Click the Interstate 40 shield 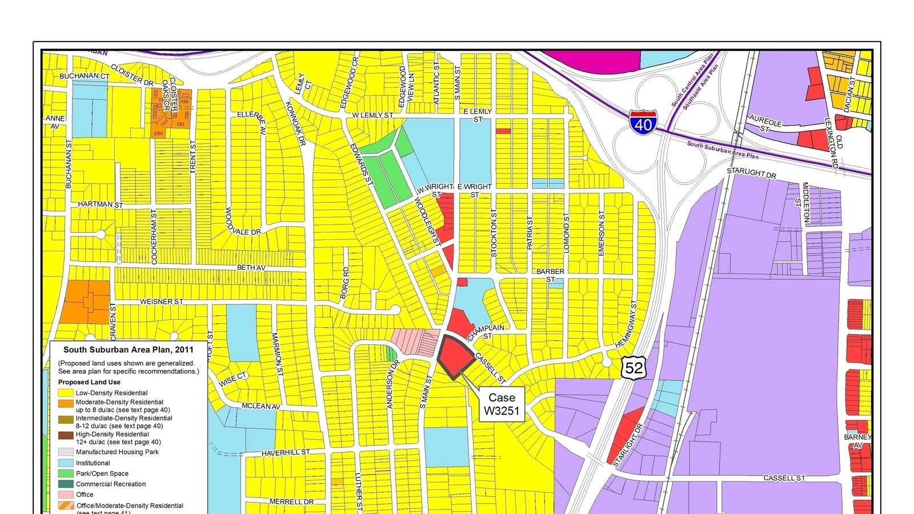click(x=643, y=122)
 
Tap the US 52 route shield click(x=634, y=367)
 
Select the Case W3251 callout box click(x=502, y=404)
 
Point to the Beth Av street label click(x=251, y=268)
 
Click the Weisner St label click(x=162, y=302)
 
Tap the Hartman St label click(x=101, y=204)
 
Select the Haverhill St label click(x=286, y=453)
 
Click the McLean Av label click(x=261, y=407)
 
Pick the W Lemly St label click(x=372, y=115)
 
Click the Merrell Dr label click(x=291, y=502)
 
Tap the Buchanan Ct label click(x=85, y=76)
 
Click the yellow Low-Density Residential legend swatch click(x=66, y=393)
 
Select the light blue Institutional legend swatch click(x=66, y=463)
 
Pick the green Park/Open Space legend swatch click(x=66, y=473)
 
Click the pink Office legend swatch click(x=66, y=495)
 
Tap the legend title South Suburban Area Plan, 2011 click(x=129, y=350)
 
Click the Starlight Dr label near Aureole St click(x=751, y=172)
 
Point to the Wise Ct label click(x=233, y=379)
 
